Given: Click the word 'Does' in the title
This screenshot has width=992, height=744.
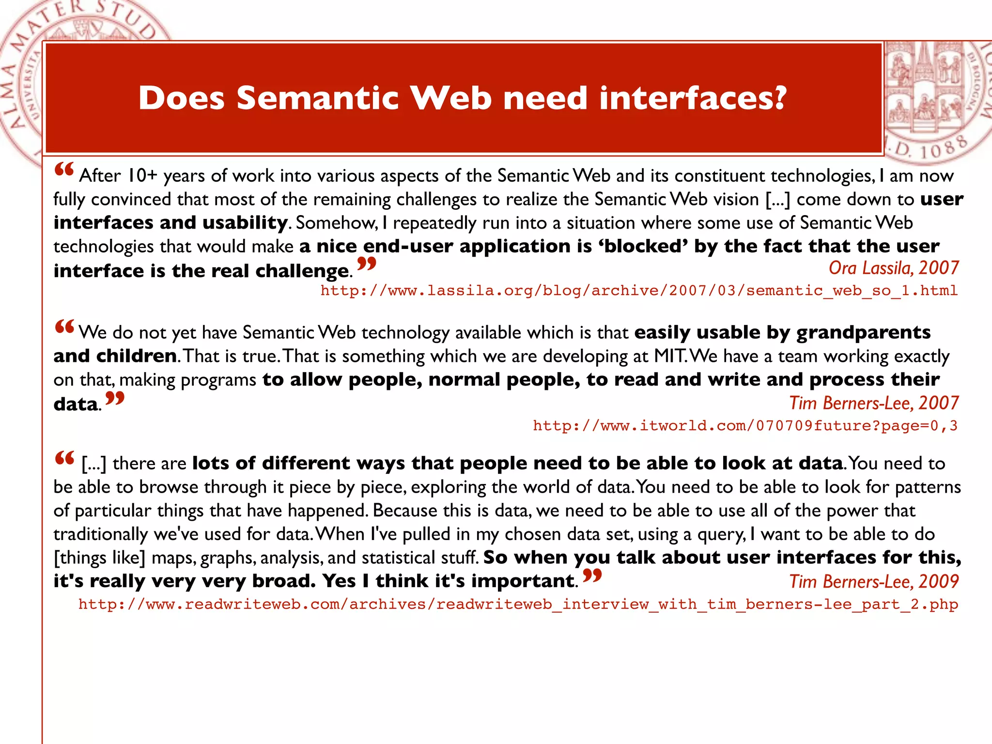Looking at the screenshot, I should pos(182,98).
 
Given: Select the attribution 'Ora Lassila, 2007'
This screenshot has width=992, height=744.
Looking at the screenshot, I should pos(893,268).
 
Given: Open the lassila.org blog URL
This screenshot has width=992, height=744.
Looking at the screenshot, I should pos(639,291).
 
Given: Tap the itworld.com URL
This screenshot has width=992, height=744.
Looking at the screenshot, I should pos(745,426).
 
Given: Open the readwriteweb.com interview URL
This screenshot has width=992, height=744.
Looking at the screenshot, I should pos(518,604).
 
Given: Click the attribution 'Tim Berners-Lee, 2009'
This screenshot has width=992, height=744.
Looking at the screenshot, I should pos(874,581).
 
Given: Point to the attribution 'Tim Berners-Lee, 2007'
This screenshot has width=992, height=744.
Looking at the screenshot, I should pos(874,403).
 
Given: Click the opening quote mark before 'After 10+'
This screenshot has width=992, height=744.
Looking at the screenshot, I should pos(64,170).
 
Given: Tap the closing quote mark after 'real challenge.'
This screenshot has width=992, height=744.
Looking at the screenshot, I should pos(366,264).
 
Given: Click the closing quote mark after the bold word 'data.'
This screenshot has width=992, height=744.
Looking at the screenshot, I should pos(115,399).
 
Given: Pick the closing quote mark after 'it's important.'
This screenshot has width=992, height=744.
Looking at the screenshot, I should pos(592,575).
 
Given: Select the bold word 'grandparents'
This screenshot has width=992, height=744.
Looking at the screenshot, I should pos(864,333).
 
